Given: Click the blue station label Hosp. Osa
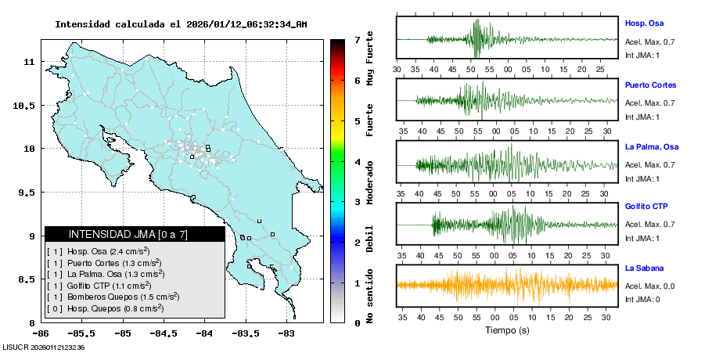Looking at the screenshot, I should pos(644,23).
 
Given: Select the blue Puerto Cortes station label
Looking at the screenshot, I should pos(650,85).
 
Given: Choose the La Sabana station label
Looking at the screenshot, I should pos(644,268).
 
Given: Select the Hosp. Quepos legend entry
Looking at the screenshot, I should pos(105,308).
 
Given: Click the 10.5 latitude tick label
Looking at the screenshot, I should pos(25,106).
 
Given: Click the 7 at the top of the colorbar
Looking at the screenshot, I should pos(358,39).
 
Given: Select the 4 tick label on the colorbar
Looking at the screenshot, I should pos(358,162).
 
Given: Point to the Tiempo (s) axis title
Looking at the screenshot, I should pos(507,330).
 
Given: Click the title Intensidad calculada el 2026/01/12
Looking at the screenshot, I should pos(181,24).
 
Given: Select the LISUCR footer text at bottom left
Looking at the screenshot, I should pos(44,347).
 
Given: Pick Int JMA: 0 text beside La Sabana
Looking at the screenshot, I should pos(642,300).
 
